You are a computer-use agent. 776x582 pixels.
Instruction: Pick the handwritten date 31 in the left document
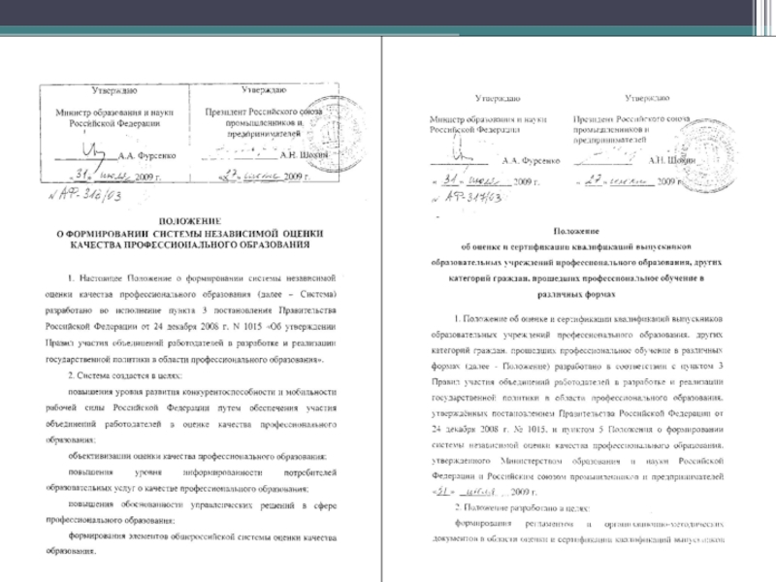(x=83, y=178)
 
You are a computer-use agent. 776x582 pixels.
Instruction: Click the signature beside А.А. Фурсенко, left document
(x=94, y=150)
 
